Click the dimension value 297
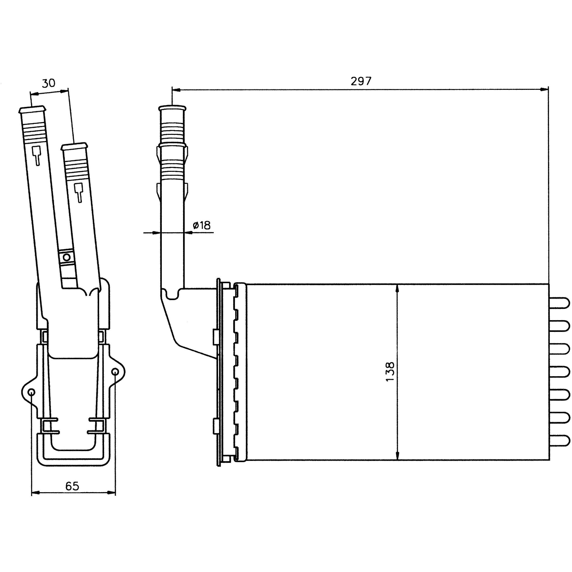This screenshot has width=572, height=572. (361, 81)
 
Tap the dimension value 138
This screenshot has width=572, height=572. (390, 371)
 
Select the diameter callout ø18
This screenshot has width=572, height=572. (202, 225)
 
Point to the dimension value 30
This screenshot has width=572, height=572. (48, 83)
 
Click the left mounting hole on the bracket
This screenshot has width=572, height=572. (31, 393)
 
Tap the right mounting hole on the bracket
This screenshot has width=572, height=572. (115, 372)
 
